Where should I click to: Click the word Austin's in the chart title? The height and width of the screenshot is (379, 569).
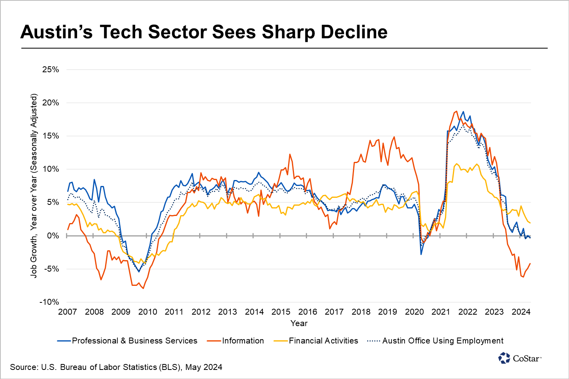click(x=56, y=32)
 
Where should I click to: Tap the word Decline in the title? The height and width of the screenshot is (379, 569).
click(x=354, y=32)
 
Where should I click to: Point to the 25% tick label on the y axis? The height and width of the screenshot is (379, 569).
click(x=50, y=70)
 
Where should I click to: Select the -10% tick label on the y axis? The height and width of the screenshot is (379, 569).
click(x=49, y=302)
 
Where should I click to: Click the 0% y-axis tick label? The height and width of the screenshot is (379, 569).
click(x=53, y=236)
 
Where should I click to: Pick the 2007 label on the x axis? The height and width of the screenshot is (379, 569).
click(x=68, y=312)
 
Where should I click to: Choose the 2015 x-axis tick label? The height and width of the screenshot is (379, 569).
click(x=281, y=312)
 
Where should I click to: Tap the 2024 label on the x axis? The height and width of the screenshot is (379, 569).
click(x=521, y=312)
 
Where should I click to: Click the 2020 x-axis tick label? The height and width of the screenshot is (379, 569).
click(x=414, y=312)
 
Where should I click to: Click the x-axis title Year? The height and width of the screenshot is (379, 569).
click(x=299, y=323)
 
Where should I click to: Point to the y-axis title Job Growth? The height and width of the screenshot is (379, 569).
click(x=34, y=186)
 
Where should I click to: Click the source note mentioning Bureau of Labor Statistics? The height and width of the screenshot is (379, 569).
click(x=116, y=367)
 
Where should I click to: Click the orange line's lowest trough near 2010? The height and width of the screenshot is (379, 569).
click(x=143, y=289)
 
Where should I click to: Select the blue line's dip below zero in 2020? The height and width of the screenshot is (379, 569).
click(x=421, y=254)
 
